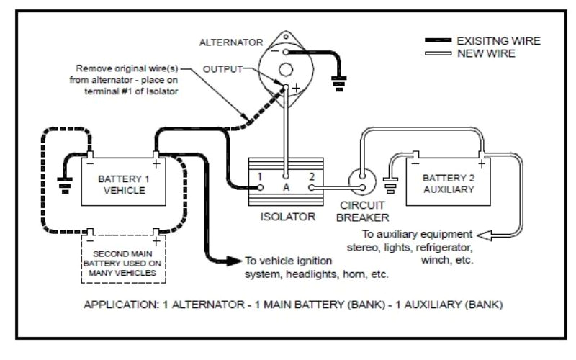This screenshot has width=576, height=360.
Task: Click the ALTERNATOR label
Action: click(x=239, y=42)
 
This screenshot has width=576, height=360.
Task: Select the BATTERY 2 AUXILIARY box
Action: click(x=449, y=183)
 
